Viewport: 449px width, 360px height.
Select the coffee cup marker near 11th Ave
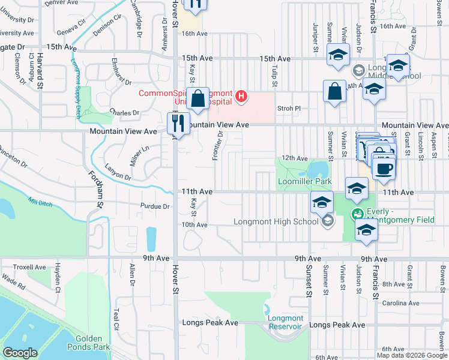(384, 167)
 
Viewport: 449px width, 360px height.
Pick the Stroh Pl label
(288, 109)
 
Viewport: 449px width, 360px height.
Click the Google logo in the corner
(20, 353)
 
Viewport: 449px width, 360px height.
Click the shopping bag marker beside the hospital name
(197, 98)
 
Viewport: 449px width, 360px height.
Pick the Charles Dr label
(125, 112)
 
